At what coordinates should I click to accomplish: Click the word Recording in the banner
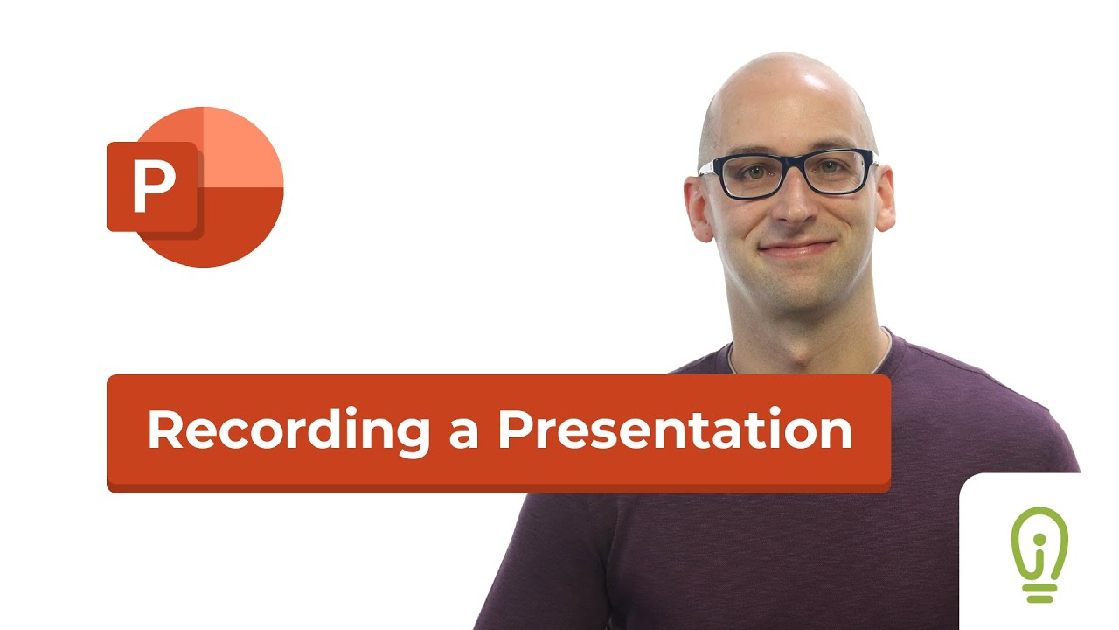[288, 430]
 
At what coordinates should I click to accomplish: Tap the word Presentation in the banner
[675, 430]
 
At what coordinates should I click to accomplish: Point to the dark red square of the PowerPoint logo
[154, 187]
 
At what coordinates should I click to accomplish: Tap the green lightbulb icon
[1039, 553]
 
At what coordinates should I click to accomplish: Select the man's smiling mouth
[794, 248]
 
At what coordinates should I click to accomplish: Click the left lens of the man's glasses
[745, 175]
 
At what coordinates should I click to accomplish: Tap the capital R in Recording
[166, 430]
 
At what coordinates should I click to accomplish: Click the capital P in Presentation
[517, 430]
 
